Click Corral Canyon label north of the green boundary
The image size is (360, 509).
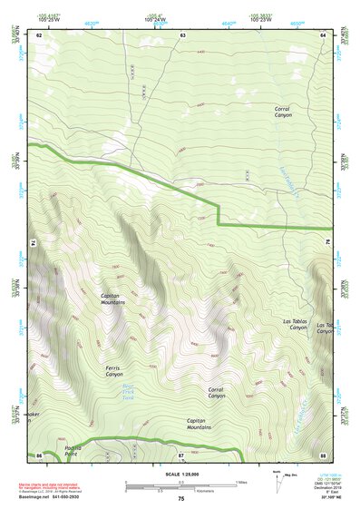287,113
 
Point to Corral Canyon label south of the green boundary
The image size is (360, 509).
216,392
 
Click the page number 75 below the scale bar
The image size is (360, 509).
180,498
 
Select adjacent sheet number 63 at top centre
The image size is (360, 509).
182,34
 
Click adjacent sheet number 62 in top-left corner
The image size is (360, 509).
40,34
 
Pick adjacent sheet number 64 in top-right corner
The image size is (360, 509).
323,34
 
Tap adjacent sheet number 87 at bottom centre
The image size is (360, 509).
181,454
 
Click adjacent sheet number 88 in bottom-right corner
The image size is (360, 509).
323,455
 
